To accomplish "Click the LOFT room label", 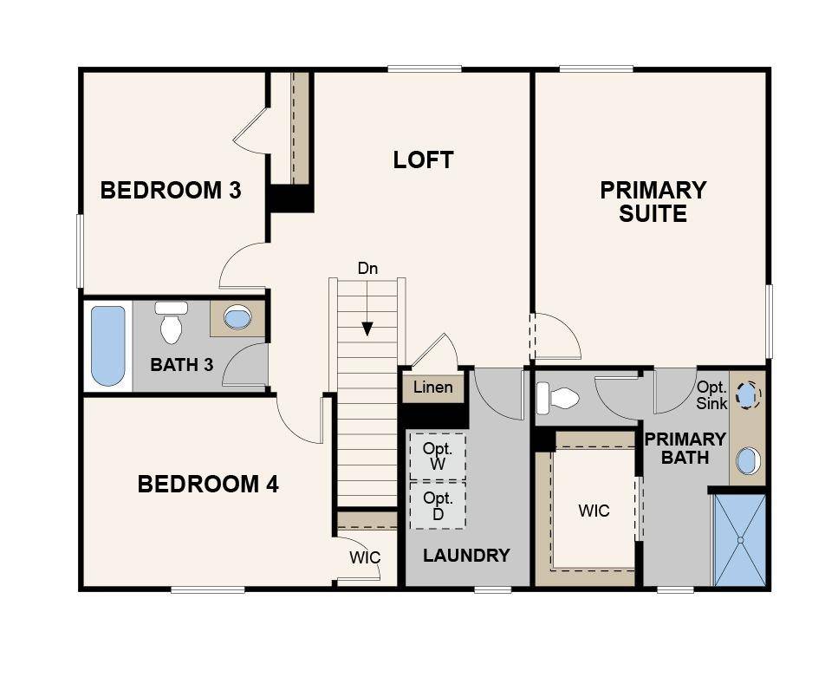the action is pos(423,159).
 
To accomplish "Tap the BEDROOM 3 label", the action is pos(171,191).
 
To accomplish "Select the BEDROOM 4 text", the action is pos(209,484).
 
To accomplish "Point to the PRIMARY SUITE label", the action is pos(653,202).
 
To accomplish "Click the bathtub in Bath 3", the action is pos(108,346).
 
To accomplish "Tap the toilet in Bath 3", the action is pos(171,322).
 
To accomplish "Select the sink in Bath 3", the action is pos(237,317).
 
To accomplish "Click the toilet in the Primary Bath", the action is pos(557,398).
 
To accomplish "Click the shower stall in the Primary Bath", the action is pos(740,540).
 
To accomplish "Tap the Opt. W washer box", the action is pos(438,456).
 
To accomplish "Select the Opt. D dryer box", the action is pos(438,506).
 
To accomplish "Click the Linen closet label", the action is pos(433,387).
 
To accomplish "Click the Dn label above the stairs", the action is pos(367,268).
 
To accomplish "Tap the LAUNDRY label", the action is pos(466,556).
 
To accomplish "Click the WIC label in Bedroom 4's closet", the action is pos(365,557).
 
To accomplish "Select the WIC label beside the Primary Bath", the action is pos(594,511).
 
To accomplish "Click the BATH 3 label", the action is pos(182,365).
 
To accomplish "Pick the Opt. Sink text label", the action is pos(711,395).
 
